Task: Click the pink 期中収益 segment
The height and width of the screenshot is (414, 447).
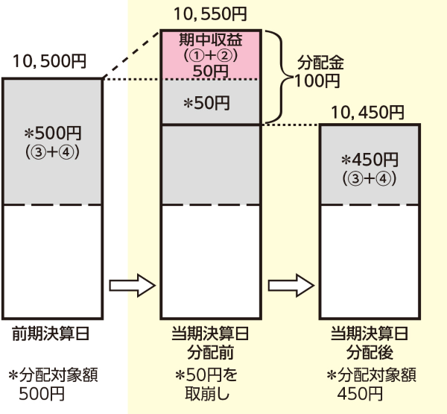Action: point(211,54)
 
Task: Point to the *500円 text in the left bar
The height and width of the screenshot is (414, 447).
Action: point(52,134)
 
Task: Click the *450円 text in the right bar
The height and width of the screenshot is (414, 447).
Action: point(369,160)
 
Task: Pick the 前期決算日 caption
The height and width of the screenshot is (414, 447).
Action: point(51,333)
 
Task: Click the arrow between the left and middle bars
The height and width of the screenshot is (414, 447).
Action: point(131,284)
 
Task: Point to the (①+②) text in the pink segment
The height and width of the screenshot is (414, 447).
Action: point(211,54)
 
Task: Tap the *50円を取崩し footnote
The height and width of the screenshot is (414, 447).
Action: point(210,383)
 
